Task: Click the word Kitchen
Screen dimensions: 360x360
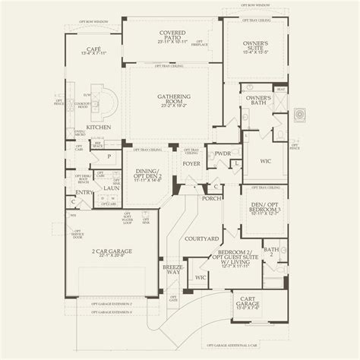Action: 99,128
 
